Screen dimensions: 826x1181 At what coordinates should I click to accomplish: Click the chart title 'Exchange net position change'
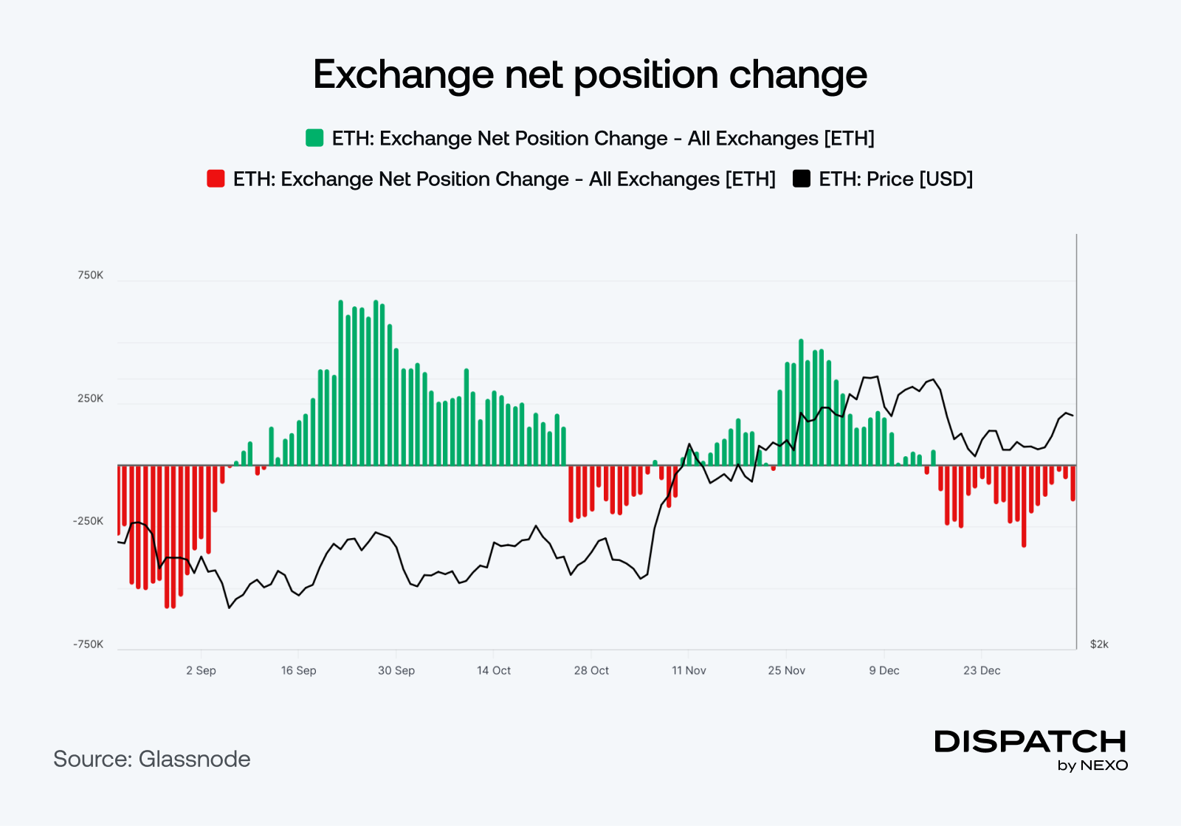(590, 75)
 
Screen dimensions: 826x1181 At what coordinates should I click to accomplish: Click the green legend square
(314, 138)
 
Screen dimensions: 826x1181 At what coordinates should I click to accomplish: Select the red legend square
(216, 179)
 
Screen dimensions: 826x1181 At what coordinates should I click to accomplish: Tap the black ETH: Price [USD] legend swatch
(801, 179)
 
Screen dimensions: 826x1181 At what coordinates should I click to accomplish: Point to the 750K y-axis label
(91, 275)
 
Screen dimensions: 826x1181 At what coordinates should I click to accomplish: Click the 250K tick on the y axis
(91, 399)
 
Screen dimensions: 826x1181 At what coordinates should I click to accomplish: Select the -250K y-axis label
(89, 521)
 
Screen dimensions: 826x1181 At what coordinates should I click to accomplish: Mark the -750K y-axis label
(89, 644)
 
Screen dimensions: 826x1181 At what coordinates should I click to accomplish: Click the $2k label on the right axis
(1099, 644)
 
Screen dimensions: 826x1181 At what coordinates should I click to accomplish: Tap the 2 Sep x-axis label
(201, 670)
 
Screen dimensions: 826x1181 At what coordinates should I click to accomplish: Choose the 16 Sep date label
(298, 670)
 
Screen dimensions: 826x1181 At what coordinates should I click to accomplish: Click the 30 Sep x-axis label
(396, 670)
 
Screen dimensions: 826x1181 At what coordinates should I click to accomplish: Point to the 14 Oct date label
(494, 670)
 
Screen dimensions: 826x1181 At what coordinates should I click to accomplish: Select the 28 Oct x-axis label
(591, 670)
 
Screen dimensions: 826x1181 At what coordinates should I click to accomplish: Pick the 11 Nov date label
(689, 670)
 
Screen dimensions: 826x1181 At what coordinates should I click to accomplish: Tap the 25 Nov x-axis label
(786, 670)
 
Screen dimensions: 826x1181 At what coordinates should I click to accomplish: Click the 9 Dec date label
(884, 670)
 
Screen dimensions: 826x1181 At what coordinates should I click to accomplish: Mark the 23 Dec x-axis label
(982, 670)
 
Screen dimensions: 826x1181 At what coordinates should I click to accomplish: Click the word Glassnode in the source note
(195, 759)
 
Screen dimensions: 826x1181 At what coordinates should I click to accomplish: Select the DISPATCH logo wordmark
(1030, 741)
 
